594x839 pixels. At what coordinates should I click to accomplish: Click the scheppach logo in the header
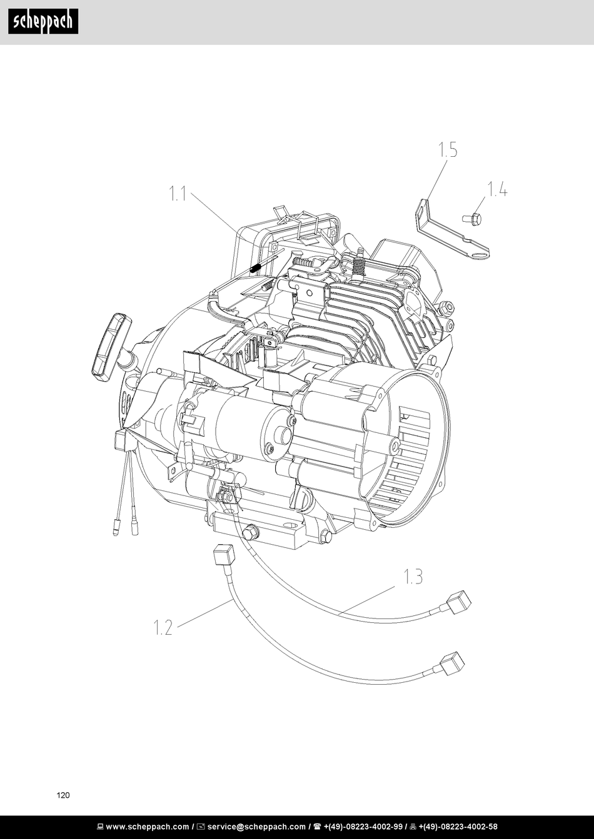coord(43,22)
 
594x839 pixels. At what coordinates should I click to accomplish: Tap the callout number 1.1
coord(178,194)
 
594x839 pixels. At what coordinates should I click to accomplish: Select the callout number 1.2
coord(163,627)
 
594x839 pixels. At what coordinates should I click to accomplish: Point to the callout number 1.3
coord(413,577)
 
